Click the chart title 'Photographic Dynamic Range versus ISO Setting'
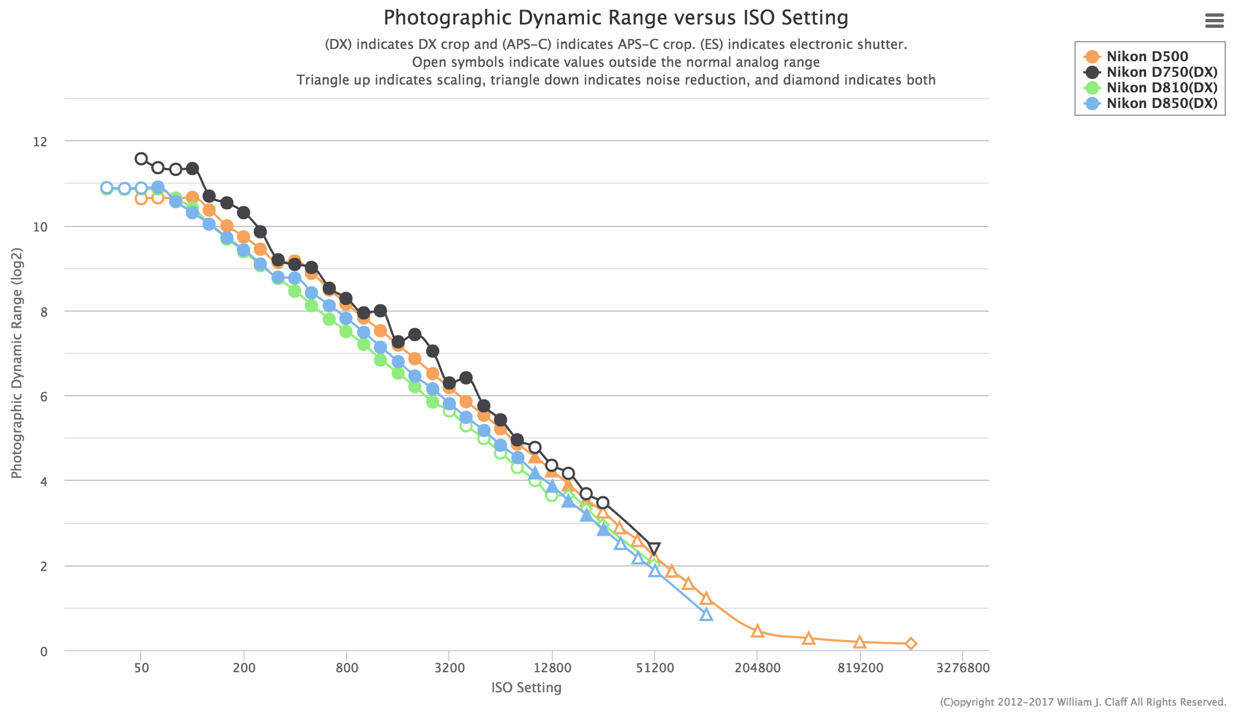click(x=616, y=18)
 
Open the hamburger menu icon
click(x=1214, y=21)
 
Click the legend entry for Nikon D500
click(x=1147, y=56)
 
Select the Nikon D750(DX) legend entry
click(x=1161, y=72)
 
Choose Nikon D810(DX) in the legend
click(x=1161, y=87)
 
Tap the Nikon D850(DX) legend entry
click(x=1161, y=103)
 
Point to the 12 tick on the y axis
click(x=40, y=142)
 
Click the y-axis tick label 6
click(x=43, y=396)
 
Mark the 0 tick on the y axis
click(x=43, y=651)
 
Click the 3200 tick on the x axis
click(x=449, y=667)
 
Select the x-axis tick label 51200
click(x=655, y=667)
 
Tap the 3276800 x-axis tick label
click(x=963, y=667)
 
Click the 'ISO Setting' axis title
click(x=526, y=688)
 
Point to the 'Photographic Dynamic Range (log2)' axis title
click(x=17, y=363)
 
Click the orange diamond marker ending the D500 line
click(x=911, y=644)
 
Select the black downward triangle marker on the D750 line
click(x=655, y=549)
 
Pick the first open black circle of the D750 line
click(x=141, y=159)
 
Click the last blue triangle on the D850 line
click(x=706, y=614)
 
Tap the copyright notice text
click(x=1083, y=702)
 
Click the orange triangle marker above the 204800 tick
click(x=757, y=631)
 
